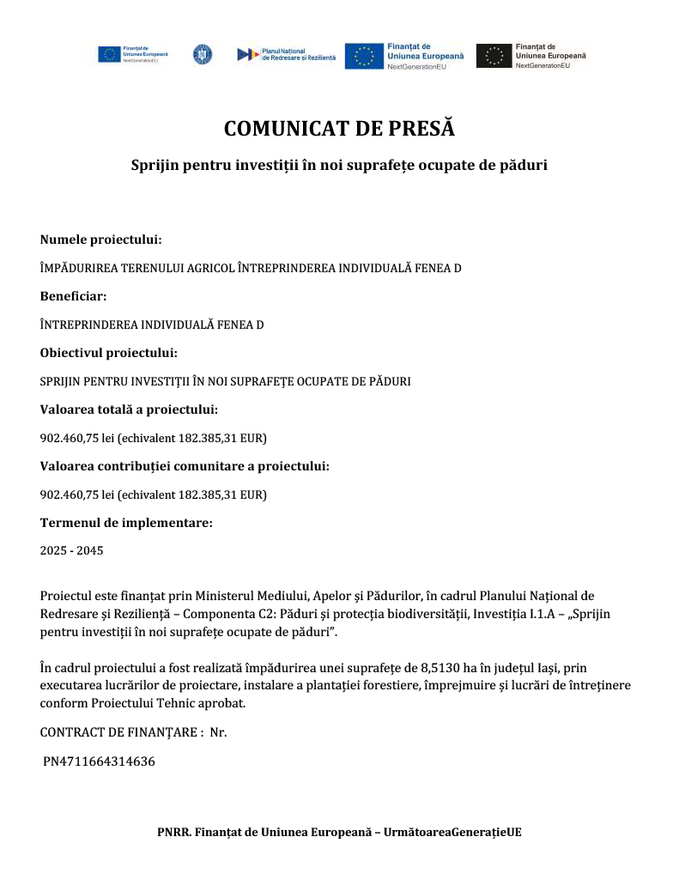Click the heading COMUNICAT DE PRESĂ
click(339, 129)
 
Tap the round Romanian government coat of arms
click(203, 54)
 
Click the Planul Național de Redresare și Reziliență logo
click(287, 54)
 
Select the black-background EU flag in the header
click(494, 56)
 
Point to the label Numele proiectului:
click(101, 239)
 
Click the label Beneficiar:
click(74, 296)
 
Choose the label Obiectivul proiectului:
click(109, 353)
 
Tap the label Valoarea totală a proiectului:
click(129, 409)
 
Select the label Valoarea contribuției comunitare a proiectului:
click(185, 466)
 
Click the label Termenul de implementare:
click(126, 522)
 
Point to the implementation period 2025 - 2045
click(71, 550)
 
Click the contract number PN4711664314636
click(100, 761)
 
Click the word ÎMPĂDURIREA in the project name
click(82, 269)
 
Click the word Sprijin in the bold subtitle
click(152, 164)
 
